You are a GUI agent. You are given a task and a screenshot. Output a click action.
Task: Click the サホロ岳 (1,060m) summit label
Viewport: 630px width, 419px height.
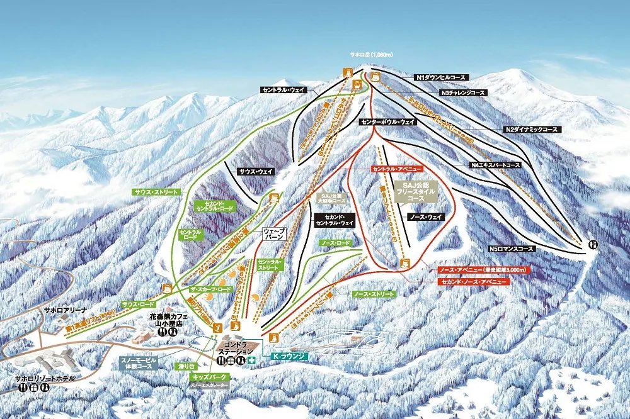372,55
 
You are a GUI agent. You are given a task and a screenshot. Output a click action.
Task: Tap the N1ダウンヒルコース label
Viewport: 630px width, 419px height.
441,77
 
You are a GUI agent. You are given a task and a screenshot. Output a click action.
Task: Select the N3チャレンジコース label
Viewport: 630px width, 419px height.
463,92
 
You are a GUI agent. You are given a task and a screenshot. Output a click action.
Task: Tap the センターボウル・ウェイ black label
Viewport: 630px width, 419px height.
387,121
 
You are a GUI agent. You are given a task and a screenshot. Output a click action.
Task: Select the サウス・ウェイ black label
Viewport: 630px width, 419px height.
256,171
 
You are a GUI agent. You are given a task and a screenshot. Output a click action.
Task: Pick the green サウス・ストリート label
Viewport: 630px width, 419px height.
156,191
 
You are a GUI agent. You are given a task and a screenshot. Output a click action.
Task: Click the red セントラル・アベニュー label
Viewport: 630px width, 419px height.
396,170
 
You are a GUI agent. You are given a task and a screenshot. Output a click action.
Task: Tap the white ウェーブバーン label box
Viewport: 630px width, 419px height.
275,235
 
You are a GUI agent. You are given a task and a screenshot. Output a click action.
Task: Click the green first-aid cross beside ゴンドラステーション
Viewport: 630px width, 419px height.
252,361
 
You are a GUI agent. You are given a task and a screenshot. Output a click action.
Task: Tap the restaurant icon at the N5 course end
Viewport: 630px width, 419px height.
593,244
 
